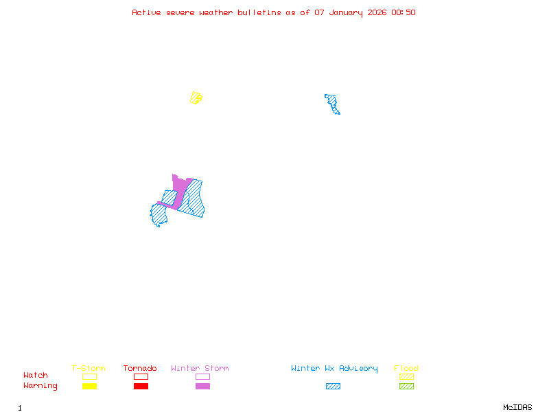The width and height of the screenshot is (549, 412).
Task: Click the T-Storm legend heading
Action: (89, 369)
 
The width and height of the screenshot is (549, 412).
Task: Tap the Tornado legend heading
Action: (140, 369)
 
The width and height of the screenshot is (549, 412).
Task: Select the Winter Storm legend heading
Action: (200, 369)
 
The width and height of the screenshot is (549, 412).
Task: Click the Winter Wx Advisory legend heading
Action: (334, 369)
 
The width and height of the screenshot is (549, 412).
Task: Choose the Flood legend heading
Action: (406, 369)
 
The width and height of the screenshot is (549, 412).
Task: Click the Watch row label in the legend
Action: (36, 376)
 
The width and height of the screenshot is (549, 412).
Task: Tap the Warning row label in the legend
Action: (40, 386)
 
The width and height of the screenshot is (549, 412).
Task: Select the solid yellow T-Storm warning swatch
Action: (89, 387)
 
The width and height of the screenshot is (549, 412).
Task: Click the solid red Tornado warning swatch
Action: (141, 387)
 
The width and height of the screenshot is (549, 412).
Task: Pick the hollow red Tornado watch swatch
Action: (141, 376)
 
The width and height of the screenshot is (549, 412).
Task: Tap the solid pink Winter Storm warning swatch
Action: (202, 387)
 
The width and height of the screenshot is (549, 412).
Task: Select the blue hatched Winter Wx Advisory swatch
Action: (333, 387)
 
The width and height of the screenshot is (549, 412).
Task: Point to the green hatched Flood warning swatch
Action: (406, 387)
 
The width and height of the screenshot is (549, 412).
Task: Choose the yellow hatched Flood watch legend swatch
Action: (406, 376)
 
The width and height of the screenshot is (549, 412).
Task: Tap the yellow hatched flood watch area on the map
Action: (196, 98)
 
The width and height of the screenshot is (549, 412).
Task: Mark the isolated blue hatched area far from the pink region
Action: (333, 104)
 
